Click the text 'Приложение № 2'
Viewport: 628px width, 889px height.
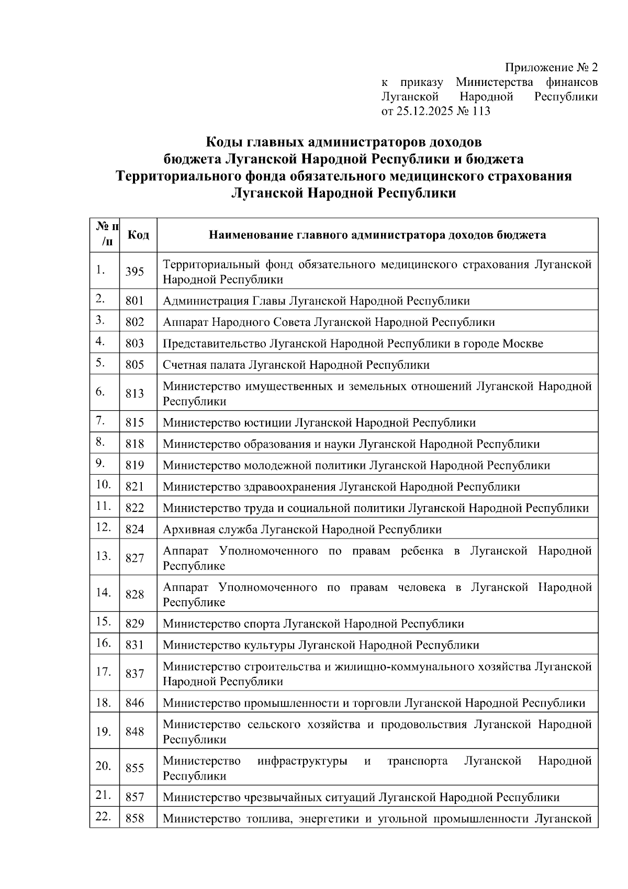[551, 68]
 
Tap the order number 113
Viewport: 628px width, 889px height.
[480, 111]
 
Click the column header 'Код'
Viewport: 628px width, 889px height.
[138, 235]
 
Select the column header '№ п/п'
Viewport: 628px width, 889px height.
[107, 234]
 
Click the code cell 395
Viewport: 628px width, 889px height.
[134, 272]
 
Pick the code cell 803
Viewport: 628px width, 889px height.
[134, 344]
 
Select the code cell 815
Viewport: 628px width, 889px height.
[134, 423]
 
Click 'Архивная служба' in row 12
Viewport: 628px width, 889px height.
[210, 530]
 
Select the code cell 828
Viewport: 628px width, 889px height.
[134, 595]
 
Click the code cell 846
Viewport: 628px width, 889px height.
[134, 703]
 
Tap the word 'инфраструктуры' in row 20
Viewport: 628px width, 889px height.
[302, 761]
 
